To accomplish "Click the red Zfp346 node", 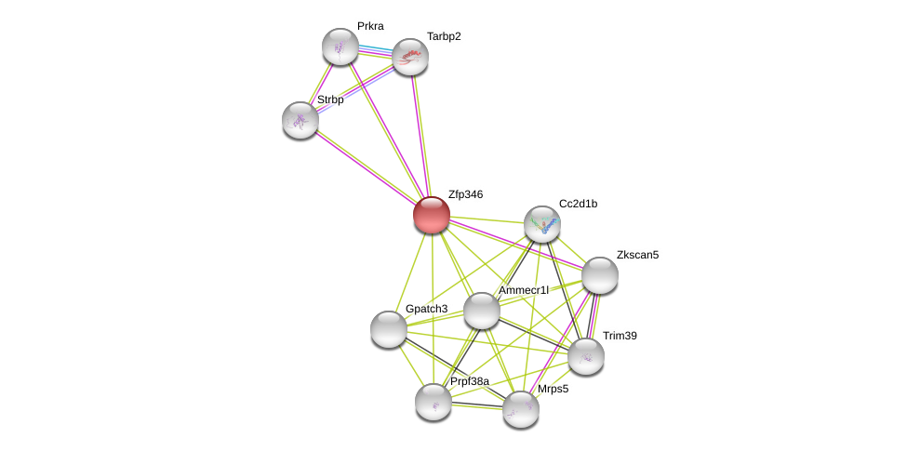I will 431,215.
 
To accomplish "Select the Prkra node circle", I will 340,46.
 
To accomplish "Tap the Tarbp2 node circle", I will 409,58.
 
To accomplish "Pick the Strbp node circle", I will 300,120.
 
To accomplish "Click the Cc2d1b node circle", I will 542,224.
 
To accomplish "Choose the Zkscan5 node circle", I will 600,274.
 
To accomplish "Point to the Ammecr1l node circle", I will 482,311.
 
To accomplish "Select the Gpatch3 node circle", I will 388,329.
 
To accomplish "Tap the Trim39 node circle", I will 586,355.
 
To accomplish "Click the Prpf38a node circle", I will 433,401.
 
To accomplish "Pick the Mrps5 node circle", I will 521,409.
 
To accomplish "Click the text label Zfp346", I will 465,194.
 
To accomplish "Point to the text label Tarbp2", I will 444,36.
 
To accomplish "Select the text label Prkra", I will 370,26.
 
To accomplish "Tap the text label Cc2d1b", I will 578,204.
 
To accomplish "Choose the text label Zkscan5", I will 637,255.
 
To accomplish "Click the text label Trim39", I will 620,336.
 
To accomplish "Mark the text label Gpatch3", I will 426,309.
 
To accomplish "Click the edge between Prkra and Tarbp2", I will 375,51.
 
